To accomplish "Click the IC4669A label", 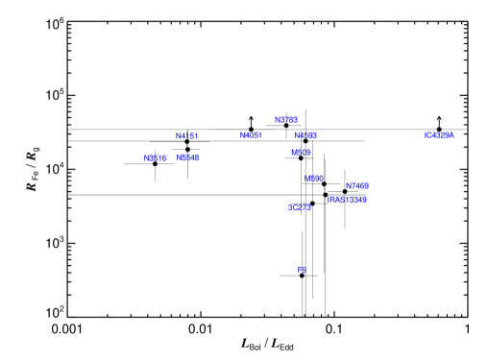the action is point(439,135).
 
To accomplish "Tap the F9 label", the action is point(302,271).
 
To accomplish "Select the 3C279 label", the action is point(299,207).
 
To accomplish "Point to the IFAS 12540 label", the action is point(347,200).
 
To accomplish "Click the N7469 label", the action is point(357,186).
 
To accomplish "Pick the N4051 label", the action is point(250,135).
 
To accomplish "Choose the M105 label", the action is point(301,153).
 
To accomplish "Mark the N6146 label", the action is point(187,157).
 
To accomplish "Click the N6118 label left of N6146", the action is point(155,158).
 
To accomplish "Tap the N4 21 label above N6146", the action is point(186,136).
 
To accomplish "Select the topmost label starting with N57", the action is point(285,120).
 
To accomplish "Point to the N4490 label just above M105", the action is point(305,136).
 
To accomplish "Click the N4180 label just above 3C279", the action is point(314,179).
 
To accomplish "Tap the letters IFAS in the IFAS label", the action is point(335,200).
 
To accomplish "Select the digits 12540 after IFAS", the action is point(355,200).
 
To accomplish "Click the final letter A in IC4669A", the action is point(451,135).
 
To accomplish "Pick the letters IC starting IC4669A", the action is point(427,135).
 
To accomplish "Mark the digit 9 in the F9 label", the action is point(304,271).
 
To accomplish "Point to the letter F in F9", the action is point(300,271).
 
